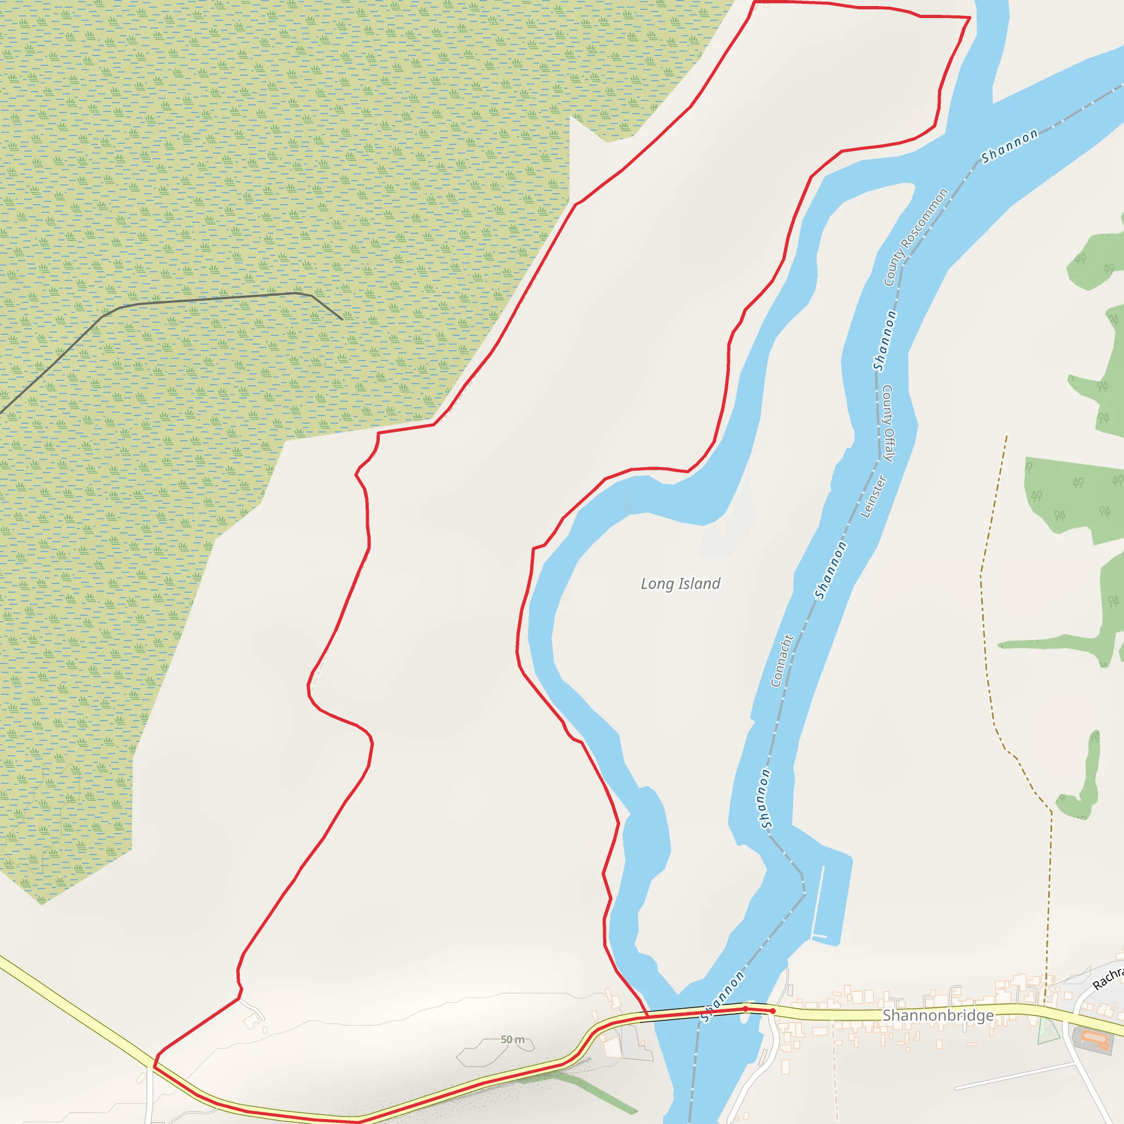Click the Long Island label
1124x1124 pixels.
tap(680, 583)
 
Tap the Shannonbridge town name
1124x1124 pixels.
tap(938, 1015)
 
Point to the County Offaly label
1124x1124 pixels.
tap(889, 423)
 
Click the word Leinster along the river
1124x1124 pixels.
tap(873, 496)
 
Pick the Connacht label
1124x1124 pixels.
tap(782, 660)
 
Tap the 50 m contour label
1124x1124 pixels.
tap(513, 1039)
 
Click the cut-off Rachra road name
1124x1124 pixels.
tap(1109, 978)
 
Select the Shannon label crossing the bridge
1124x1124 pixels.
tap(722, 997)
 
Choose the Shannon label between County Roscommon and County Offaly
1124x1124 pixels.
tap(884, 340)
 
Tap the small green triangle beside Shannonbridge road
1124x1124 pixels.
tap(1048, 1030)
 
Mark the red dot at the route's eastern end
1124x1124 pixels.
tap(773, 1011)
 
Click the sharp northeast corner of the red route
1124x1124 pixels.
tap(970, 18)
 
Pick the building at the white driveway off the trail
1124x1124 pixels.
tap(252, 1020)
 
